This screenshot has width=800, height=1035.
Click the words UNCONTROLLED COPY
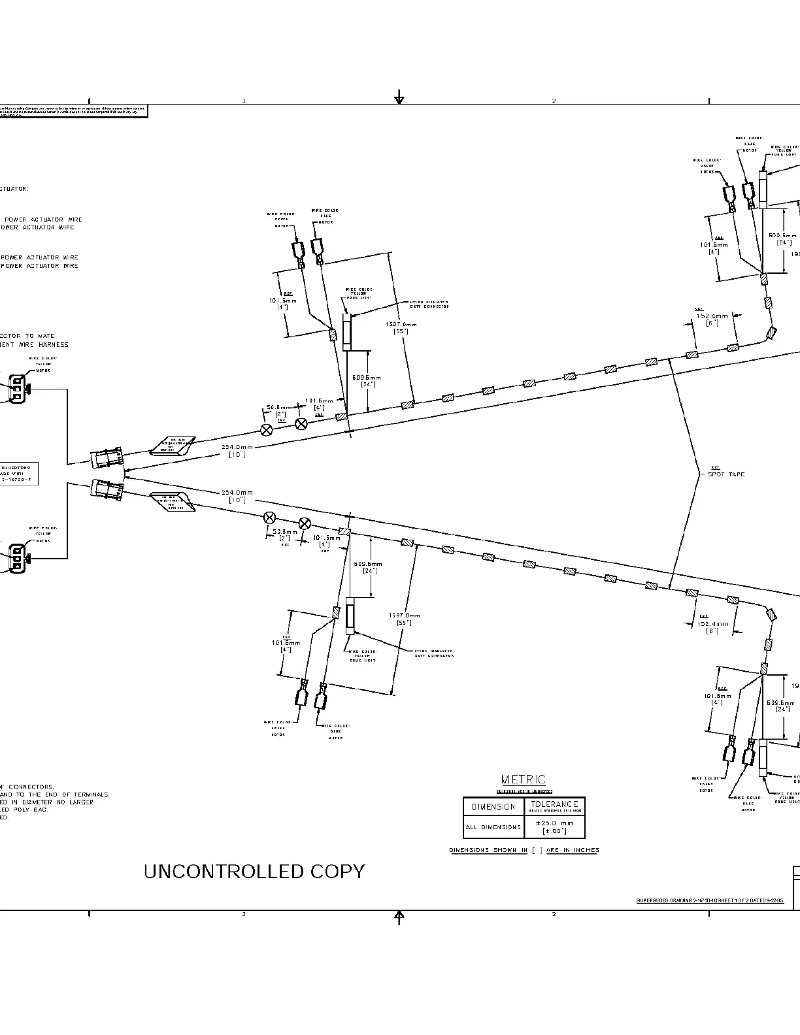254,872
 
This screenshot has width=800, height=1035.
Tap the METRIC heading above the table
523,780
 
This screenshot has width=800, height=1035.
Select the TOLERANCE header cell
554,806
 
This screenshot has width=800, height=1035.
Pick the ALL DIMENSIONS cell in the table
493,827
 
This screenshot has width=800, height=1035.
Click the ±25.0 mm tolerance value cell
554,827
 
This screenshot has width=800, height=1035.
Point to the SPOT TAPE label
726,474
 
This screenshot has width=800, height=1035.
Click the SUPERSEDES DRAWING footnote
710,900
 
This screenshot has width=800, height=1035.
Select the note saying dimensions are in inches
524,850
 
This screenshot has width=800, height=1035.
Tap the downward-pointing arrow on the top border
399,99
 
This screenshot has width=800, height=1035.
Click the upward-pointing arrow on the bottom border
399,917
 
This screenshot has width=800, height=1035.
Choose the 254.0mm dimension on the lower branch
237,495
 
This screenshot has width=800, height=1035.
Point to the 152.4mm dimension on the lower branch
712,627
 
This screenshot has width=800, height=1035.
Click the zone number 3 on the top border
244,101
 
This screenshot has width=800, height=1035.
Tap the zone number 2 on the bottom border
554,914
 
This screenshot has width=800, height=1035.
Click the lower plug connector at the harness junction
107,490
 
